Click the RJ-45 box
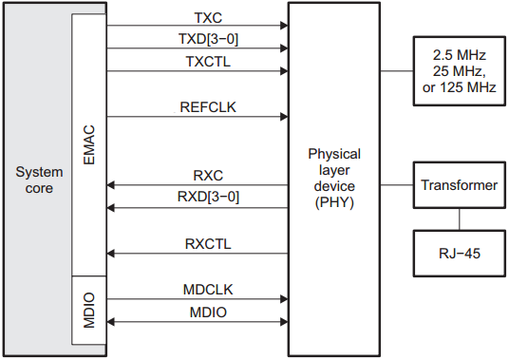459,255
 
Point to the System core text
39,180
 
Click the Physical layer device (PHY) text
334,177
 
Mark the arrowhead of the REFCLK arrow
283,118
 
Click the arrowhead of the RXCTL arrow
113,254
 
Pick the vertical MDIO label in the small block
89,312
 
